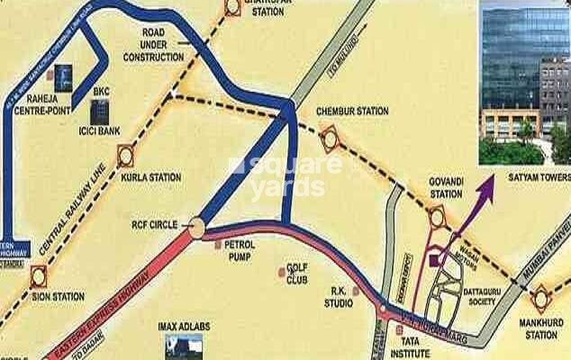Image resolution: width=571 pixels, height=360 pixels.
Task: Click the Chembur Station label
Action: click(x=352, y=112)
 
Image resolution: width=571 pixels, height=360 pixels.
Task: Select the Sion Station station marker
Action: click(x=37, y=276)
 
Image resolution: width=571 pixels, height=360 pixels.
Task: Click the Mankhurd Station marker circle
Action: click(x=541, y=297)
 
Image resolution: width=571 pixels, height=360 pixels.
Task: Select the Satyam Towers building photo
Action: click(x=524, y=83)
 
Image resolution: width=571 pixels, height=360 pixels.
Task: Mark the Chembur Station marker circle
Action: click(x=328, y=139)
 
